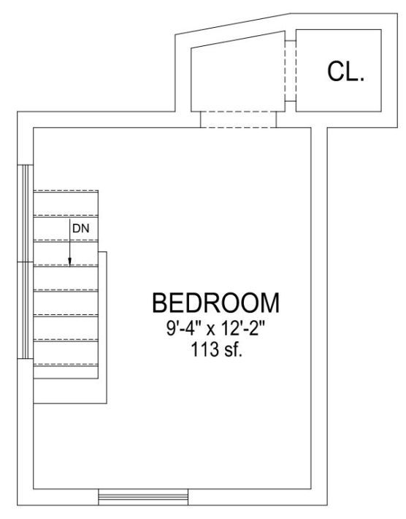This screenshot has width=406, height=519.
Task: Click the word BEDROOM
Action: (x=216, y=303)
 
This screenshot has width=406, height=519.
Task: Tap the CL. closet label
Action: (x=346, y=72)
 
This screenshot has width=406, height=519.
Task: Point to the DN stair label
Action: (x=81, y=228)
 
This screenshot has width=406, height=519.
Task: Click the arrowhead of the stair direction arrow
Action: (x=70, y=262)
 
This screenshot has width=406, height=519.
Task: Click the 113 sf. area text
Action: (x=217, y=349)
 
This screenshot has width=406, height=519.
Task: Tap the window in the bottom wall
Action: (x=143, y=497)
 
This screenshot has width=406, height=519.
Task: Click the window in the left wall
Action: (x=25, y=262)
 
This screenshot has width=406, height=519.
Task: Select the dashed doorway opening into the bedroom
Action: (x=238, y=119)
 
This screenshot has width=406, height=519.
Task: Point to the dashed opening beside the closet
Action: (x=291, y=71)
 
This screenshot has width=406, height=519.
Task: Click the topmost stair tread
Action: (x=66, y=203)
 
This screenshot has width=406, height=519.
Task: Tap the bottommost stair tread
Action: (x=66, y=372)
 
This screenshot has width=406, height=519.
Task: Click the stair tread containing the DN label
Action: (x=66, y=228)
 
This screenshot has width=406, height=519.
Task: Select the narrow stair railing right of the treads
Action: (x=102, y=327)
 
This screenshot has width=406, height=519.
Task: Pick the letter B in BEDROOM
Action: (x=159, y=303)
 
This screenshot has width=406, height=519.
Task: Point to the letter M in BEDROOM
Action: (x=269, y=303)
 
